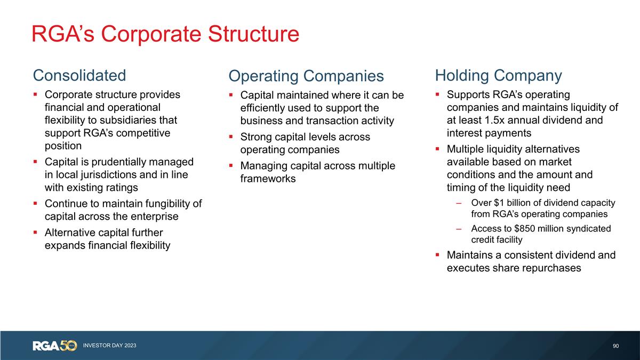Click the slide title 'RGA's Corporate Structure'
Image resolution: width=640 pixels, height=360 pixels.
[x=165, y=34]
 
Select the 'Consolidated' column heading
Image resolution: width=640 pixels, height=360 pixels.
[x=79, y=75]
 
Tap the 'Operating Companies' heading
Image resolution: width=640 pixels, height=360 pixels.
[x=306, y=76]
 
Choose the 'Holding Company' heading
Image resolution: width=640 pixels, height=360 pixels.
[x=498, y=75]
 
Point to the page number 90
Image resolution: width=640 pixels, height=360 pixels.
[x=616, y=346]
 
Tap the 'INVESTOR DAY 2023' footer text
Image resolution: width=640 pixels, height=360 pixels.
[x=109, y=346]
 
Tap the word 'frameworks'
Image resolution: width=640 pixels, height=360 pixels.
[x=268, y=179]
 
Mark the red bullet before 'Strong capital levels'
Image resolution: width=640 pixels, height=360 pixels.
[x=231, y=137]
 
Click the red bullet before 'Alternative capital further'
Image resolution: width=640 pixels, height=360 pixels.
[x=35, y=233]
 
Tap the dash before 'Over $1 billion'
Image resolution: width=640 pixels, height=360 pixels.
[x=459, y=203]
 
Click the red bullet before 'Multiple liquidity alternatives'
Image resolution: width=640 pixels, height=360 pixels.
[x=437, y=149]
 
